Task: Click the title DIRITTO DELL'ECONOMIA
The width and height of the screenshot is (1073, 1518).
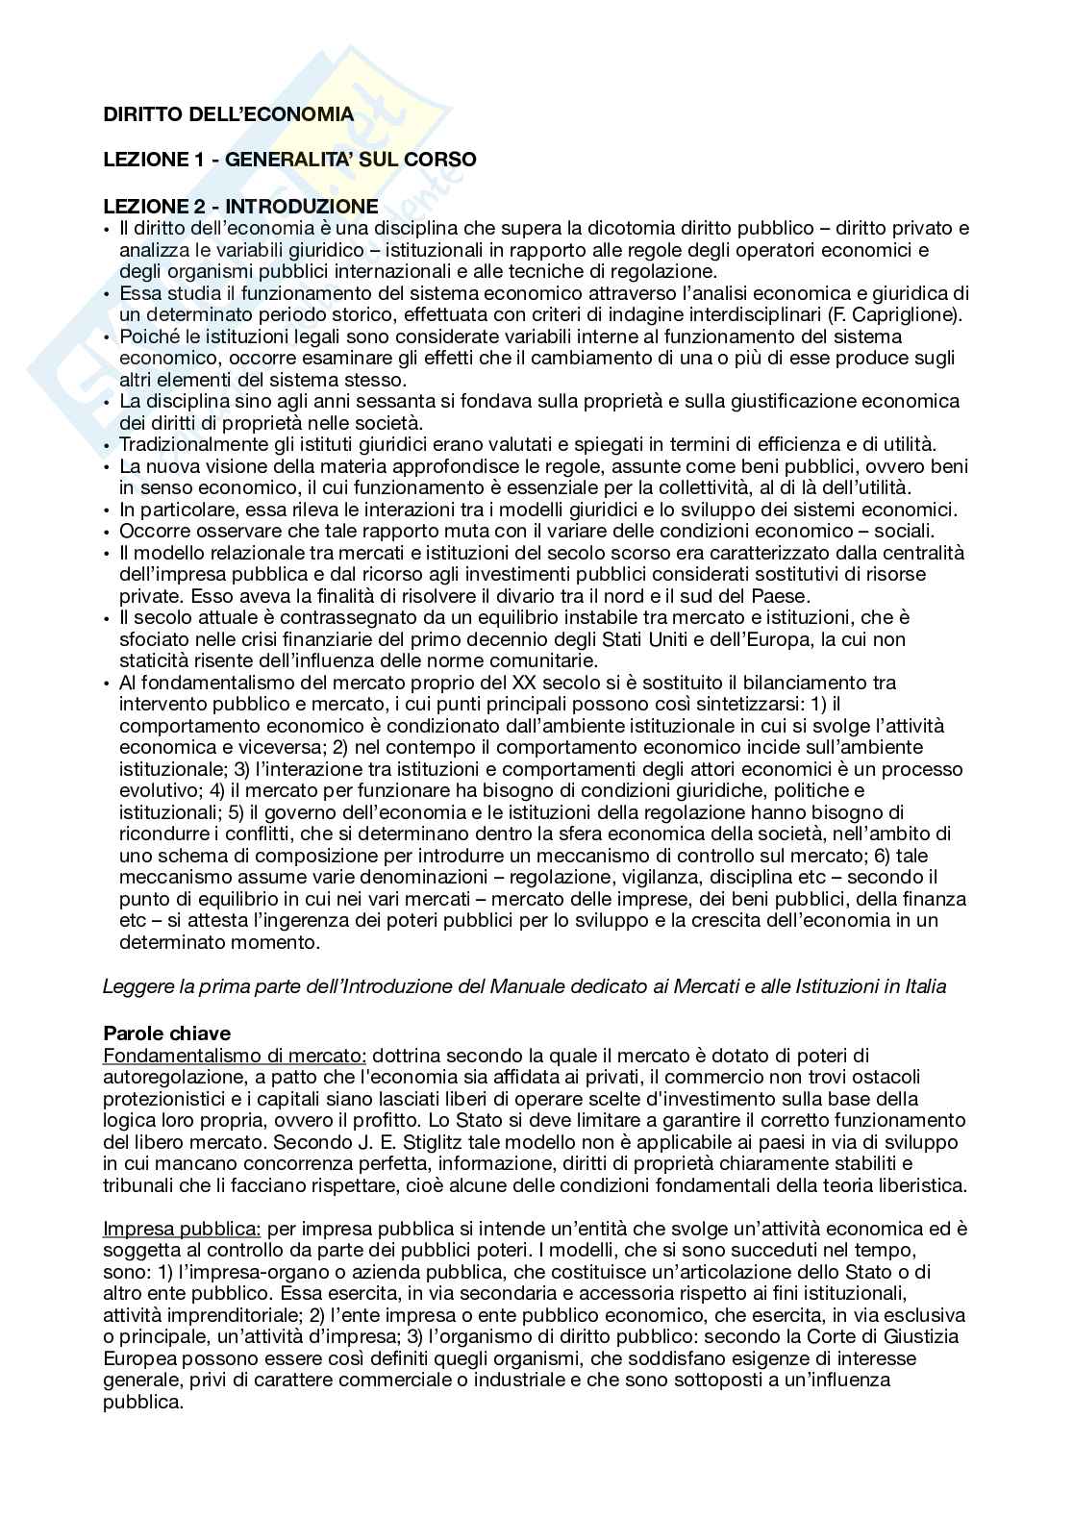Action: [228, 115]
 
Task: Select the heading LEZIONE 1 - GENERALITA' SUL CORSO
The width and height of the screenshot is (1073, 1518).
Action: [288, 160]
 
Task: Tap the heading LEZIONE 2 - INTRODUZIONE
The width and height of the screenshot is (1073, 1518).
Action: [240, 206]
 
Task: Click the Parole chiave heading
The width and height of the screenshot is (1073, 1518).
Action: [166, 1033]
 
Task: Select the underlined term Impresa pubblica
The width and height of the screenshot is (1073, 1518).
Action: [182, 1228]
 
